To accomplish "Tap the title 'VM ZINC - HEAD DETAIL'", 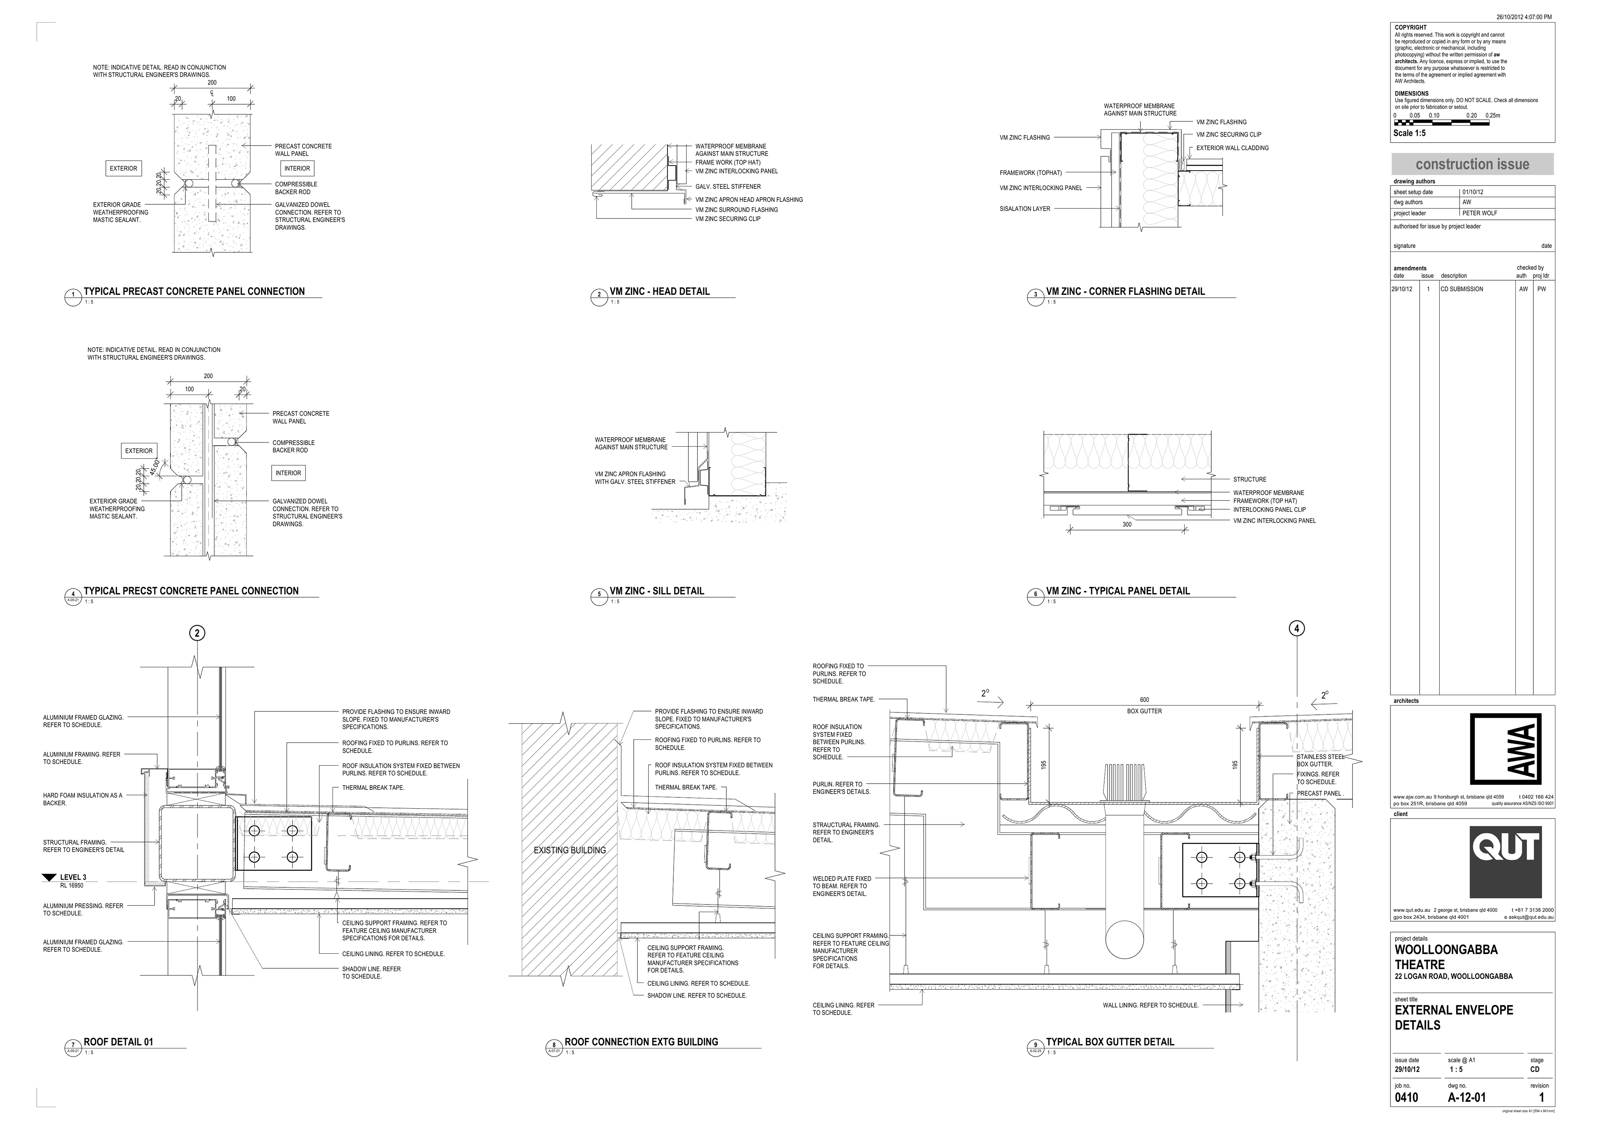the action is click(659, 292).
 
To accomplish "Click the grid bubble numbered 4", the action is click(1296, 628).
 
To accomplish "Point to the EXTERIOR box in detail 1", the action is click(123, 168).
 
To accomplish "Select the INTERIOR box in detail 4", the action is click(288, 473).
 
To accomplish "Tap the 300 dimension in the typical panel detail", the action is click(1127, 524).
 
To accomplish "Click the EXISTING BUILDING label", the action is click(569, 850).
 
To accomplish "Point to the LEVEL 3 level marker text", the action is click(73, 877).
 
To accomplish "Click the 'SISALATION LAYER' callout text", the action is click(1025, 209).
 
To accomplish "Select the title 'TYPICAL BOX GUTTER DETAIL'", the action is click(1110, 1042).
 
